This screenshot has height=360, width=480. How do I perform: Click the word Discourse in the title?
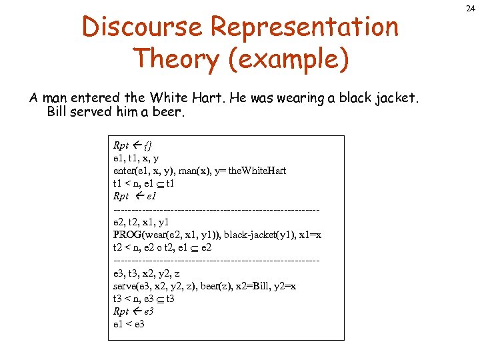141,27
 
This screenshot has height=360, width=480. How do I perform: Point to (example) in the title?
289,59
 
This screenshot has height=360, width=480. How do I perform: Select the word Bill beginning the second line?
59,111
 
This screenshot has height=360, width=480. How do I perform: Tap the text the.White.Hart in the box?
257,171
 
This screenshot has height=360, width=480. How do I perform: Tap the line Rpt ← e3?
133,311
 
